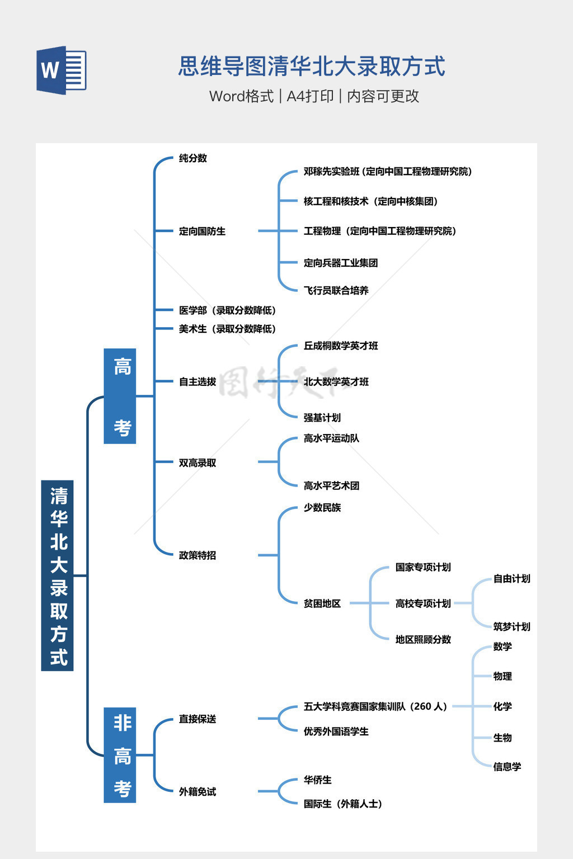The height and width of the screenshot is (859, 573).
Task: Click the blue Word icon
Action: click(62, 70)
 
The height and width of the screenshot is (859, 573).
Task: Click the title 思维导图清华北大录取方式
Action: click(312, 67)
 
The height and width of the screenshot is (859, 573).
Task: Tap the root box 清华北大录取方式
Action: click(58, 575)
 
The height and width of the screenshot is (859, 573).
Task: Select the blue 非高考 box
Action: click(120, 755)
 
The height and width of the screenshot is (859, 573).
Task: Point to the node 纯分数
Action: click(193, 158)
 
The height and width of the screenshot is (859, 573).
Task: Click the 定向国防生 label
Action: click(202, 231)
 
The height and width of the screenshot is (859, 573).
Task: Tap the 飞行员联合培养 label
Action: click(336, 290)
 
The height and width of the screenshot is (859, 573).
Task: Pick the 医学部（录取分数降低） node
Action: click(227, 310)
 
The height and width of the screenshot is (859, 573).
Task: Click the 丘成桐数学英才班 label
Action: click(340, 346)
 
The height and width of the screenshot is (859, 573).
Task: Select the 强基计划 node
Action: click(322, 418)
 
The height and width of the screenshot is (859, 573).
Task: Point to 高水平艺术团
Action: click(331, 485)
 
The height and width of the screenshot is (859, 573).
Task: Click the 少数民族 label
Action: click(322, 508)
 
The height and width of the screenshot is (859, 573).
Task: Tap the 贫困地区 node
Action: click(322, 603)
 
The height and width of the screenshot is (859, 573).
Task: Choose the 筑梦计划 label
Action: click(511, 626)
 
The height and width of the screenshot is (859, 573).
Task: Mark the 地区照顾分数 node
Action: click(423, 639)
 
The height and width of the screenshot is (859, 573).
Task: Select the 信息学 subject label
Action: click(507, 767)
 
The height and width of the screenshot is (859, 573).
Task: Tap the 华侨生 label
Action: click(317, 780)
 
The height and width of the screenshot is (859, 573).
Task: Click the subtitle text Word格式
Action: click(241, 96)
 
